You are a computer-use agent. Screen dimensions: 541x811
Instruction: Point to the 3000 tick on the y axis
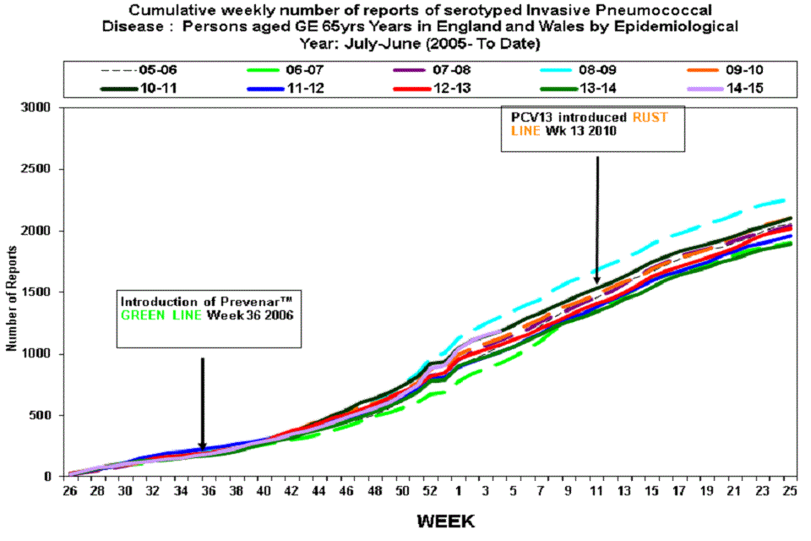click(x=36, y=108)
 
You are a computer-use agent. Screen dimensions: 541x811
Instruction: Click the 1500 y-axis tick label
click(x=36, y=292)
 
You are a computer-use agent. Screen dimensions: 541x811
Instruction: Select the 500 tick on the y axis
click(x=40, y=415)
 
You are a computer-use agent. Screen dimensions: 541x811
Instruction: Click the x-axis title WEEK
click(x=445, y=520)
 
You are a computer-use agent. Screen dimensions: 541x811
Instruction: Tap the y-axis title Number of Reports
click(x=12, y=298)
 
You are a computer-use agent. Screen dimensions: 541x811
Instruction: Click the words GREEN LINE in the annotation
click(x=156, y=316)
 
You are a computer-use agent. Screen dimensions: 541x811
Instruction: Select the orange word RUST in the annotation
click(x=648, y=117)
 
